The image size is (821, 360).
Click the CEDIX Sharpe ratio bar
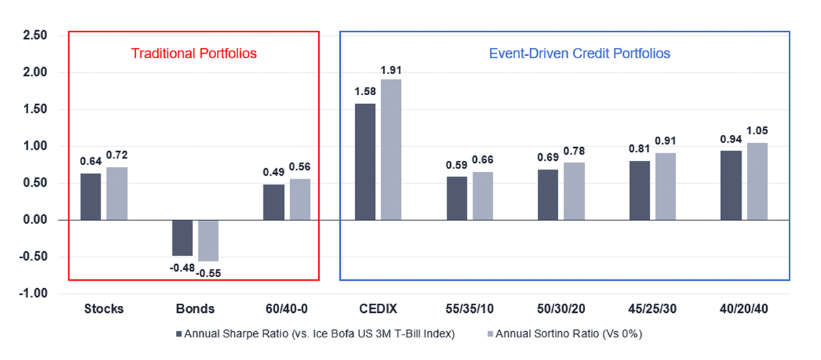tap(365, 162)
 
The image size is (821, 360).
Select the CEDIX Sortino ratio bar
tap(391, 149)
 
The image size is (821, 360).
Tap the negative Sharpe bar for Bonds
tap(182, 237)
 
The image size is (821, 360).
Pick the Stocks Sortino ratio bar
tap(117, 193)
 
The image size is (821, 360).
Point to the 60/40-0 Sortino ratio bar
tap(300, 199)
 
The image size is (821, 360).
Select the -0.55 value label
tap(209, 272)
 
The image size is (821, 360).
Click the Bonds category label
tap(195, 309)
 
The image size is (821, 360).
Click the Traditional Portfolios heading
tap(194, 53)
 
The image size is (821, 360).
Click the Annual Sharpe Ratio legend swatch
tap(180, 334)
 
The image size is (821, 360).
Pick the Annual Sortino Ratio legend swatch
tap(489, 334)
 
